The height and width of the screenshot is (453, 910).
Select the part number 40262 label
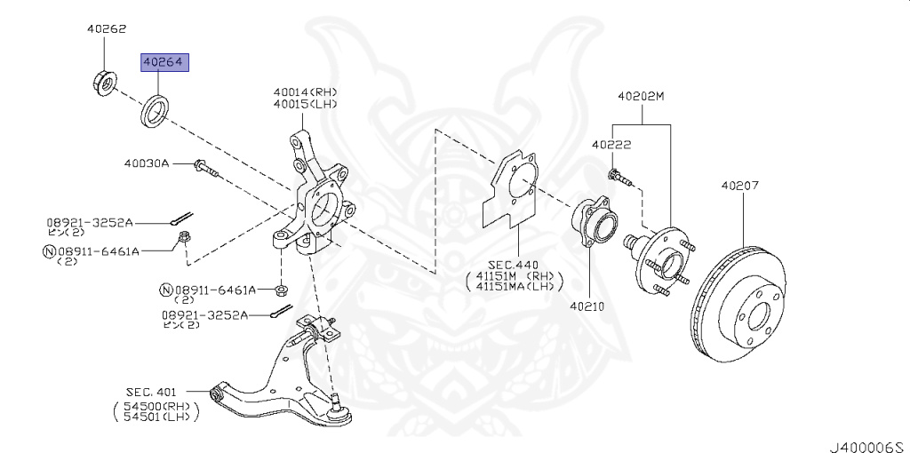pos(107,28)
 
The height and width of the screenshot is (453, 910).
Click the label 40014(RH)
pos(306,92)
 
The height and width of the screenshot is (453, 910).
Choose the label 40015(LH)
pos(306,104)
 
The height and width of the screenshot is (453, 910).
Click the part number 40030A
pos(147,163)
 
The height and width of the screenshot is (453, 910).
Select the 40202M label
pos(641,96)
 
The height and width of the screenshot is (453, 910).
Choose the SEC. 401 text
pos(152,392)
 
